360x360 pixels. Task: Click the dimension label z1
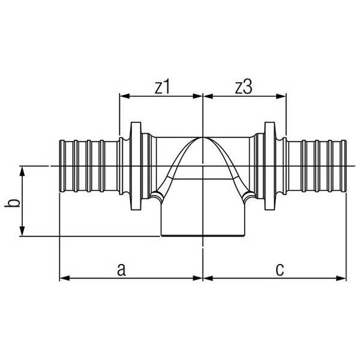point(162,87)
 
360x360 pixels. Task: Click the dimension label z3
point(244,87)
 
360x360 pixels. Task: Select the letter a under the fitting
point(121,269)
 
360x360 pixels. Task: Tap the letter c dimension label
point(280,269)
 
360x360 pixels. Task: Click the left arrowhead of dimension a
point(65,278)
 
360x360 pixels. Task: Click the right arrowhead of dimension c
point(341,278)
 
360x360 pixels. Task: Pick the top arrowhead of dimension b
point(22,171)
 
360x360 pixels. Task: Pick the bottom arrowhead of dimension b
point(22,231)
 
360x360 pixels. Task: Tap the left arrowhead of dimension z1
point(125,96)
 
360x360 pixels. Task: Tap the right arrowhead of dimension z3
point(281,96)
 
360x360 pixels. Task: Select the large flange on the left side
point(136,166)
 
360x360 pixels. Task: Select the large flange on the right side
point(270,166)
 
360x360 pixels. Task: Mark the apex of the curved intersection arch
point(203,137)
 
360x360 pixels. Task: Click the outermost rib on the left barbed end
point(62,166)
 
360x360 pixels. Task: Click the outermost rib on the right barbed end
point(344,166)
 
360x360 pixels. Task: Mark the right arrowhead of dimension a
point(197,278)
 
